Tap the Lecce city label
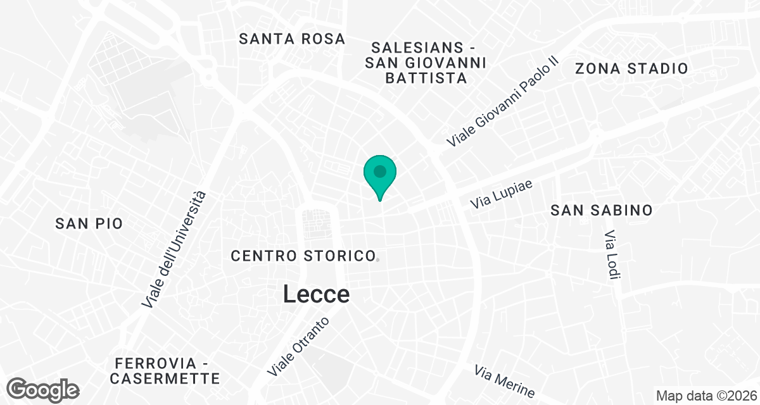[316, 294]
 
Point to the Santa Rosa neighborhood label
[292, 39]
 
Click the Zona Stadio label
[631, 69]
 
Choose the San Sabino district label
[601, 211]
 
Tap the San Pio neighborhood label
[89, 223]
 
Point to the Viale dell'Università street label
[174, 251]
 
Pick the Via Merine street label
[504, 380]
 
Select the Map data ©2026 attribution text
[706, 396]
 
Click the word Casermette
[165, 379]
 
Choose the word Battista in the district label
[426, 78]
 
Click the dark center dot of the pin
[379, 171]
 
